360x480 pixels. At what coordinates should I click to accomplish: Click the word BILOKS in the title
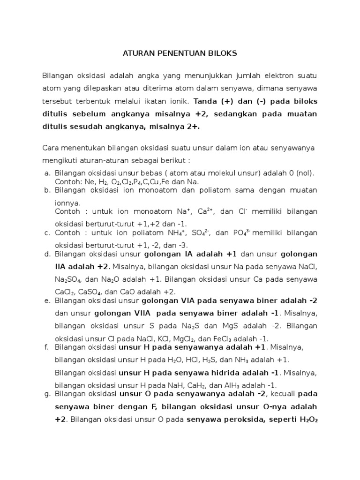point(222,53)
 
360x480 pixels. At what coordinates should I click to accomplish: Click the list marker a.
point(47,173)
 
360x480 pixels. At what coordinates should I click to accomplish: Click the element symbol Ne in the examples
point(90,182)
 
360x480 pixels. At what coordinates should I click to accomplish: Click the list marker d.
point(47,254)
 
